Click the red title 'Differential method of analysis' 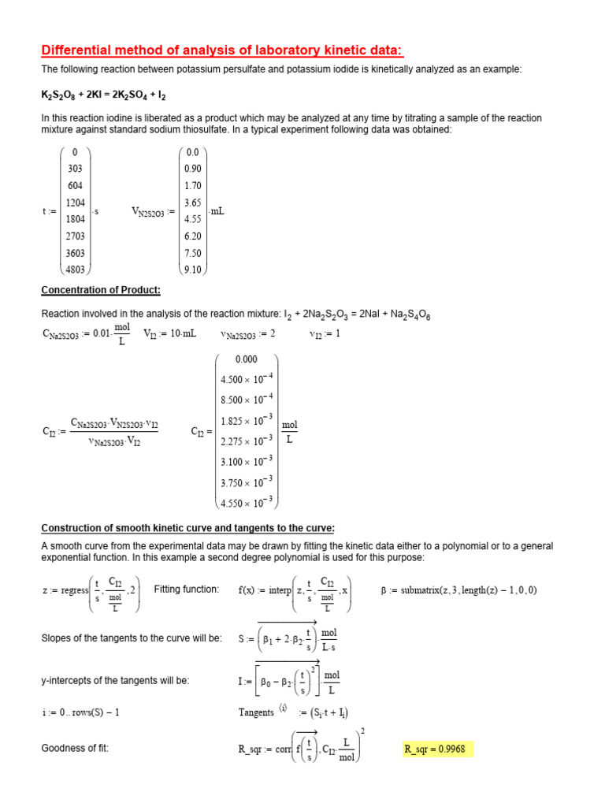coord(222,51)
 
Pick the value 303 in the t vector coord(75,169)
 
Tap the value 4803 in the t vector coord(75,270)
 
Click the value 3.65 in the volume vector coord(192,203)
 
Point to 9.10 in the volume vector coord(192,270)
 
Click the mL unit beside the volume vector coord(217,210)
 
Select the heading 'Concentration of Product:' coord(100,290)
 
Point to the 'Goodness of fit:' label coord(75,748)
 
